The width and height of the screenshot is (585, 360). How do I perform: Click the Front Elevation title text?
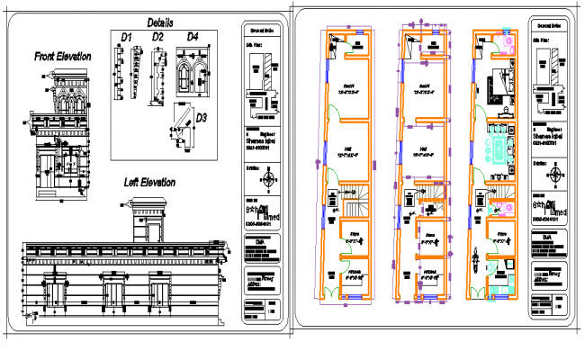(x=62, y=57)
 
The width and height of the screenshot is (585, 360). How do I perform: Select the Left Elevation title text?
(x=149, y=183)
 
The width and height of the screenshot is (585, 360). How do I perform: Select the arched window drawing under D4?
(x=193, y=71)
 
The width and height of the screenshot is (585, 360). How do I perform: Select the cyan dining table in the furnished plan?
(x=496, y=145)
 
